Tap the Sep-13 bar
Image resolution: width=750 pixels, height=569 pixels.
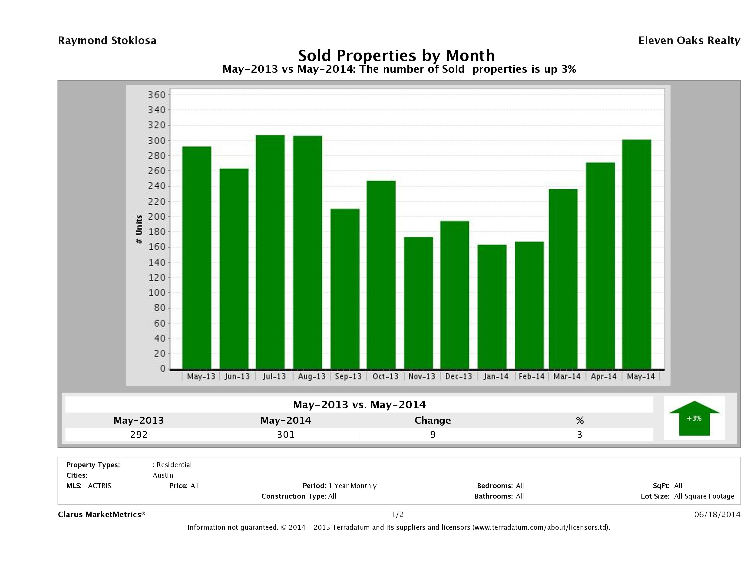click(345, 289)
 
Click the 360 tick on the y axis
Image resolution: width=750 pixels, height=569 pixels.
click(157, 95)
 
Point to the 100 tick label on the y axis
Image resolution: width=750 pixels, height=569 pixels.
click(157, 293)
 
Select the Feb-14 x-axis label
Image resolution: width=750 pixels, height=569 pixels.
click(531, 376)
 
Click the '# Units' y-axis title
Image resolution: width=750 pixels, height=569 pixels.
click(139, 229)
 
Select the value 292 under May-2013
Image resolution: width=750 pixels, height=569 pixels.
click(139, 434)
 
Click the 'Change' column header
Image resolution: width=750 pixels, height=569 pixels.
click(433, 420)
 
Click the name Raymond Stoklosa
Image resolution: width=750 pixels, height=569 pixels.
click(107, 41)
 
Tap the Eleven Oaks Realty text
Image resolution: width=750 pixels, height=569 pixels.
click(689, 41)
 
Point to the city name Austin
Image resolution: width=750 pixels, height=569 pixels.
click(163, 475)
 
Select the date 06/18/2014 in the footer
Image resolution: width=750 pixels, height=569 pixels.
click(717, 514)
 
